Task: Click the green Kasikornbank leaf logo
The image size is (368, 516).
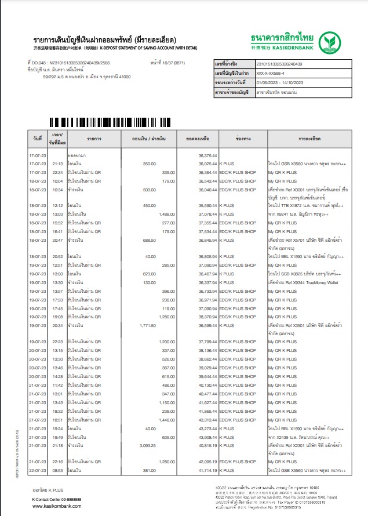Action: point(333,41)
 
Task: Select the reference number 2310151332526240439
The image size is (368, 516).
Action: point(278,64)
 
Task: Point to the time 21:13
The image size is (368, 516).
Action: point(57,164)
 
